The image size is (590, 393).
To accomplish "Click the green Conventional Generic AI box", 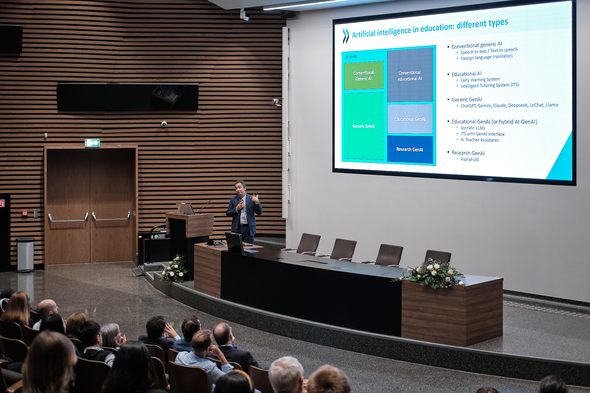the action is coord(364,75).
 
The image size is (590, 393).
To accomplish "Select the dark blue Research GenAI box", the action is coord(410,149).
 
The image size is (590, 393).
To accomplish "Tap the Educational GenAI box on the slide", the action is coord(410,119).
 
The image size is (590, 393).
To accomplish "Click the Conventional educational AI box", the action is coord(410,75).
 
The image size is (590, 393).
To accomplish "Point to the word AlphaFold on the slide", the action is coord(469,159).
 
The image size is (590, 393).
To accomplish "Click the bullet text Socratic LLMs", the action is coord(473,128).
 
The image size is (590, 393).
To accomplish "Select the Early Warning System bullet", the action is coord(480,80).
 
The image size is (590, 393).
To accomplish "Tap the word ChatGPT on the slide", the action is coord(468,106).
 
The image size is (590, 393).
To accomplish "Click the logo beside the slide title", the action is coord(346,36).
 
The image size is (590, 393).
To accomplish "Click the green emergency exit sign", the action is coord(92,143).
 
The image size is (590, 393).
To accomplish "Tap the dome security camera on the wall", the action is coord(164,124).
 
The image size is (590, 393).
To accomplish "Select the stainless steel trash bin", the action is coord(25,255).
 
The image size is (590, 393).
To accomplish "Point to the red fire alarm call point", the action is coord(25,213).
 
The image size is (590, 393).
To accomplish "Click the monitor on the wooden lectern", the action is coord(185,208).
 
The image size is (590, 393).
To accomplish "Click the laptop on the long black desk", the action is coord(235,243).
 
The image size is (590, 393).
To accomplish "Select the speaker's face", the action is coord(240,188).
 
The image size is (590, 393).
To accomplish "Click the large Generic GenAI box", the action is coord(364,126).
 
